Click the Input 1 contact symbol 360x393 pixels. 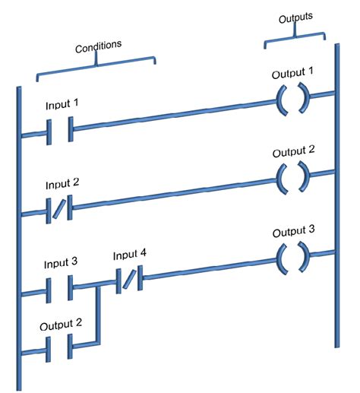(x=59, y=130)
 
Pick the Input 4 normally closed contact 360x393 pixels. (x=127, y=281)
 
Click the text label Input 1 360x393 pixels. (x=62, y=103)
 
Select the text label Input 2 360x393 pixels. (x=62, y=184)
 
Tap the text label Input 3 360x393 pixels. (x=62, y=264)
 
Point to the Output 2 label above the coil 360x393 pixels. (x=293, y=151)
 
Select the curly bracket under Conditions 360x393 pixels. (x=96, y=66)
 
